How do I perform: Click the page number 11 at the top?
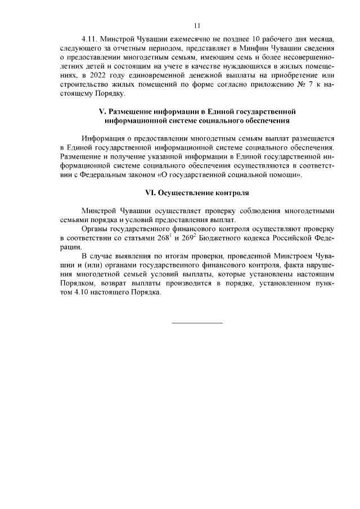(197, 25)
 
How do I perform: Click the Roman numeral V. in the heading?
(103, 111)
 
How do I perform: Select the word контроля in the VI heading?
(232, 192)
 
